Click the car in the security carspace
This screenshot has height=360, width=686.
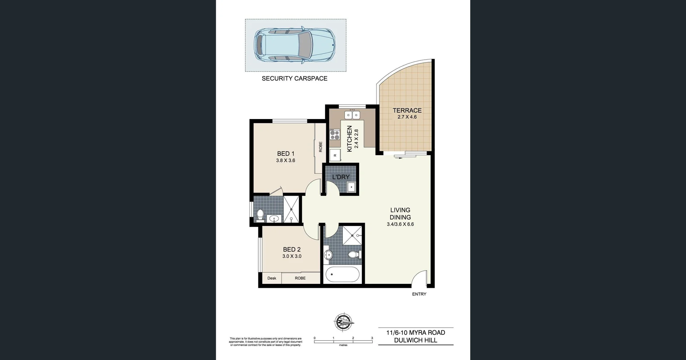[x=294, y=45]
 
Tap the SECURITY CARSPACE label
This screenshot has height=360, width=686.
[x=294, y=78]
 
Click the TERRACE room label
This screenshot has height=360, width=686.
[x=407, y=110]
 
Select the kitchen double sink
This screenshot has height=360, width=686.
[x=352, y=115]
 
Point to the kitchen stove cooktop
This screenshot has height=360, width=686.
[x=335, y=134]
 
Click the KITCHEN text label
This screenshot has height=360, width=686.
[x=349, y=138]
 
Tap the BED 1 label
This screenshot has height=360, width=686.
[x=285, y=154]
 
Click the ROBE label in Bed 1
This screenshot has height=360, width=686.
[x=320, y=147]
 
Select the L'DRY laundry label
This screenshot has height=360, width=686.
[x=341, y=177]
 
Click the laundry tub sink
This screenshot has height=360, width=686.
[x=351, y=187]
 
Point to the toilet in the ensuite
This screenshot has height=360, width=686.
[x=260, y=214]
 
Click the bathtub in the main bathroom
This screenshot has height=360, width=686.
[x=342, y=275]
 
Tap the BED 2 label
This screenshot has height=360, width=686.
[x=292, y=250]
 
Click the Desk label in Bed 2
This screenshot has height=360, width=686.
[x=272, y=278]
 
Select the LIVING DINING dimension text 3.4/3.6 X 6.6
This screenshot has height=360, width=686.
[x=400, y=225]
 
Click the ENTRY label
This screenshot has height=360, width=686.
[x=419, y=294]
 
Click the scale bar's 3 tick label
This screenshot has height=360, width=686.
[x=372, y=338]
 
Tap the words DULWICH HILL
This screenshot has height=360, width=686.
[x=416, y=340]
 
